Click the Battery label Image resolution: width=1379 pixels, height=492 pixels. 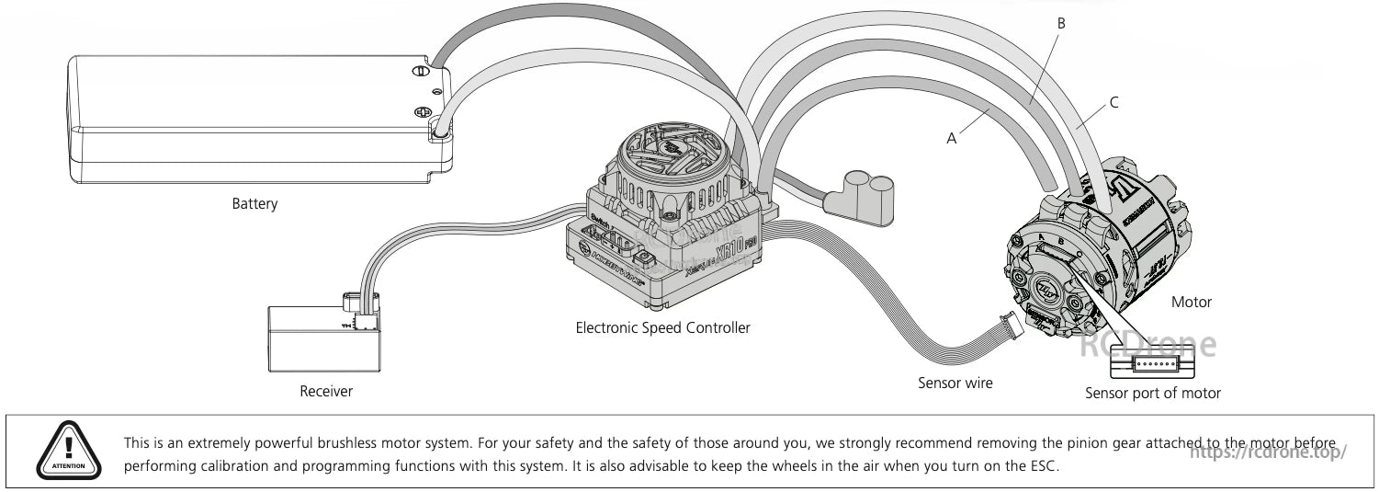tap(254, 204)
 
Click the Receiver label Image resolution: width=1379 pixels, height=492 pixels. tap(326, 392)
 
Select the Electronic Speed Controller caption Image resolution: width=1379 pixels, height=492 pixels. tap(662, 327)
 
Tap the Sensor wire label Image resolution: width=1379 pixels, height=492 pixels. tap(955, 383)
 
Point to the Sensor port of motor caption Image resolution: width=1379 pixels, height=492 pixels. tap(1153, 394)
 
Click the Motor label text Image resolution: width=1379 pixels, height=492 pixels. tap(1192, 302)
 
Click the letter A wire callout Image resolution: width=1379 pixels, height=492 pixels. tap(952, 138)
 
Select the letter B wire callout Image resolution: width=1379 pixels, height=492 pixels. tap(1061, 23)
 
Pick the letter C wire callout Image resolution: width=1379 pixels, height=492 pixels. tap(1114, 102)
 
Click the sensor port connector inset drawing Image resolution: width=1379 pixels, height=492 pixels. tap(1153, 366)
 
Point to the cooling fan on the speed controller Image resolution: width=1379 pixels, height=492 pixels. tap(675, 156)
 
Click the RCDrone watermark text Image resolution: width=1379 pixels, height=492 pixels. tap(1147, 344)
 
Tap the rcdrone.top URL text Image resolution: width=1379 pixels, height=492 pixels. tap(1269, 452)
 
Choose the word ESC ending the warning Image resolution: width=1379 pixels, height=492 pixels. tap(1045, 466)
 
